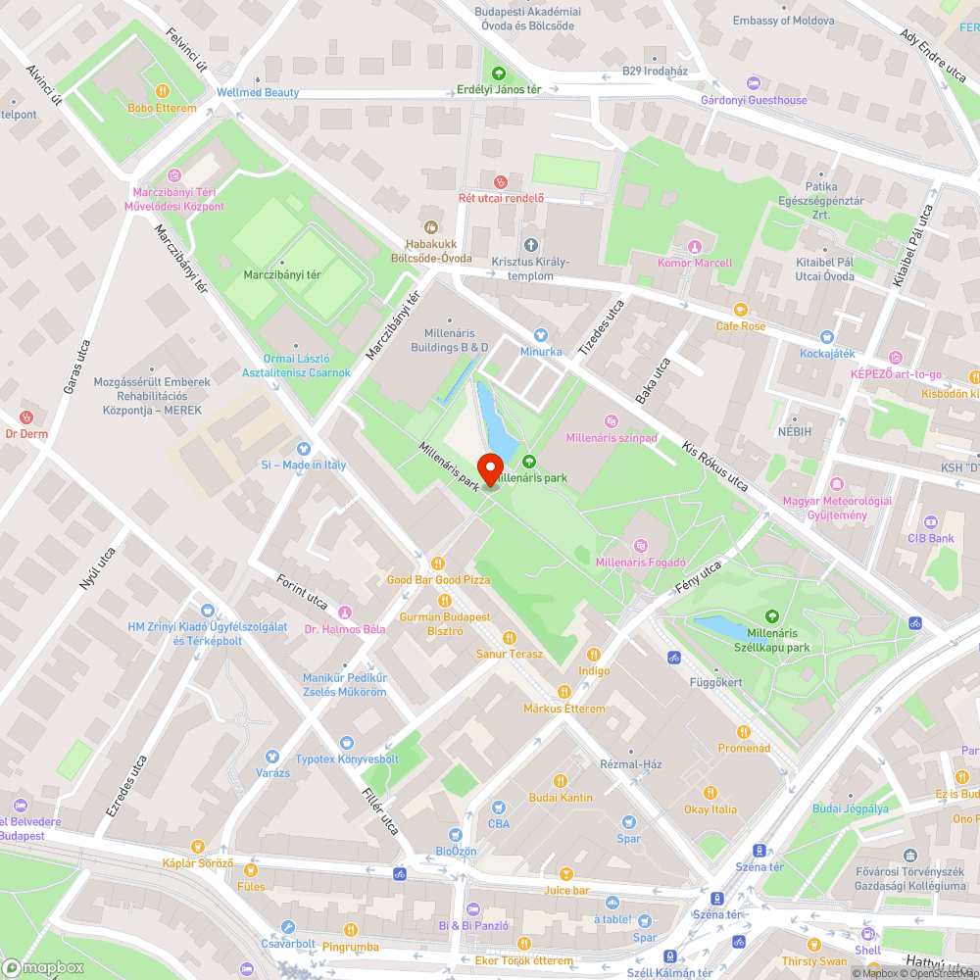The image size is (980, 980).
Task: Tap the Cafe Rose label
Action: tap(740, 326)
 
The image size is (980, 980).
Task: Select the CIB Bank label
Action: tap(930, 538)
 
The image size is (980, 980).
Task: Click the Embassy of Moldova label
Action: tap(783, 21)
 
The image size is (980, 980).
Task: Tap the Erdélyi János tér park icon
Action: tap(499, 73)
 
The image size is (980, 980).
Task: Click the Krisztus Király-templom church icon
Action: tap(531, 244)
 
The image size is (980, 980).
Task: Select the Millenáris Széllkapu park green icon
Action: tap(772, 615)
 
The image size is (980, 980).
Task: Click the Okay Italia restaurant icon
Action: tap(710, 793)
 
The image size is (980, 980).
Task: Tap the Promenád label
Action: tap(744, 748)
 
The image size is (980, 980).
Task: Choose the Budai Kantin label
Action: tap(561, 798)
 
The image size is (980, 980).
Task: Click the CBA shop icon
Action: tap(499, 808)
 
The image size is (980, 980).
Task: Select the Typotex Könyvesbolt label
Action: tap(347, 759)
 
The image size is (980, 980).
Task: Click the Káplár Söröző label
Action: tap(197, 863)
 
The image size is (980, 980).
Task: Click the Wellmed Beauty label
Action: tap(258, 92)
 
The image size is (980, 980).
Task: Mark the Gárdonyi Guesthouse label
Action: tap(754, 100)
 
